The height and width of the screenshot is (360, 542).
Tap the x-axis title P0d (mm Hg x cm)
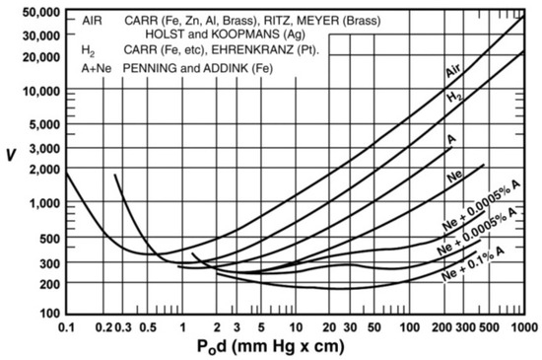(x=295, y=346)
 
